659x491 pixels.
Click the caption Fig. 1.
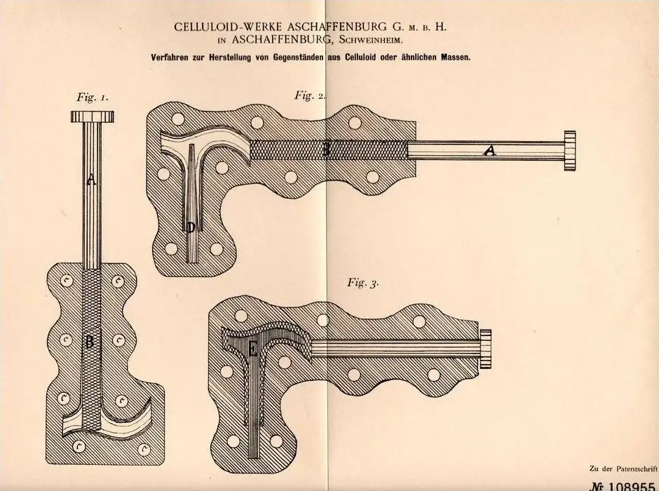93,97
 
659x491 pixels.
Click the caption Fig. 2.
310,95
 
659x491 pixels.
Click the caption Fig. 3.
363,283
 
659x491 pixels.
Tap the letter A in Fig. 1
91,180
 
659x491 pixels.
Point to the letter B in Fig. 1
89,342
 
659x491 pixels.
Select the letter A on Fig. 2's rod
489,150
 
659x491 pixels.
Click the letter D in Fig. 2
191,228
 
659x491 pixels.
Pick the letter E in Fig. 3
252,349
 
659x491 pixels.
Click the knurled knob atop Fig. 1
93,116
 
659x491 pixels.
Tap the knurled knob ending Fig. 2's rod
570,151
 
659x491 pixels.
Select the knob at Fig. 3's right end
485,349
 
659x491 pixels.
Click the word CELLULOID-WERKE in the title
229,27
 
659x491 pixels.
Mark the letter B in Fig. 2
326,150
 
